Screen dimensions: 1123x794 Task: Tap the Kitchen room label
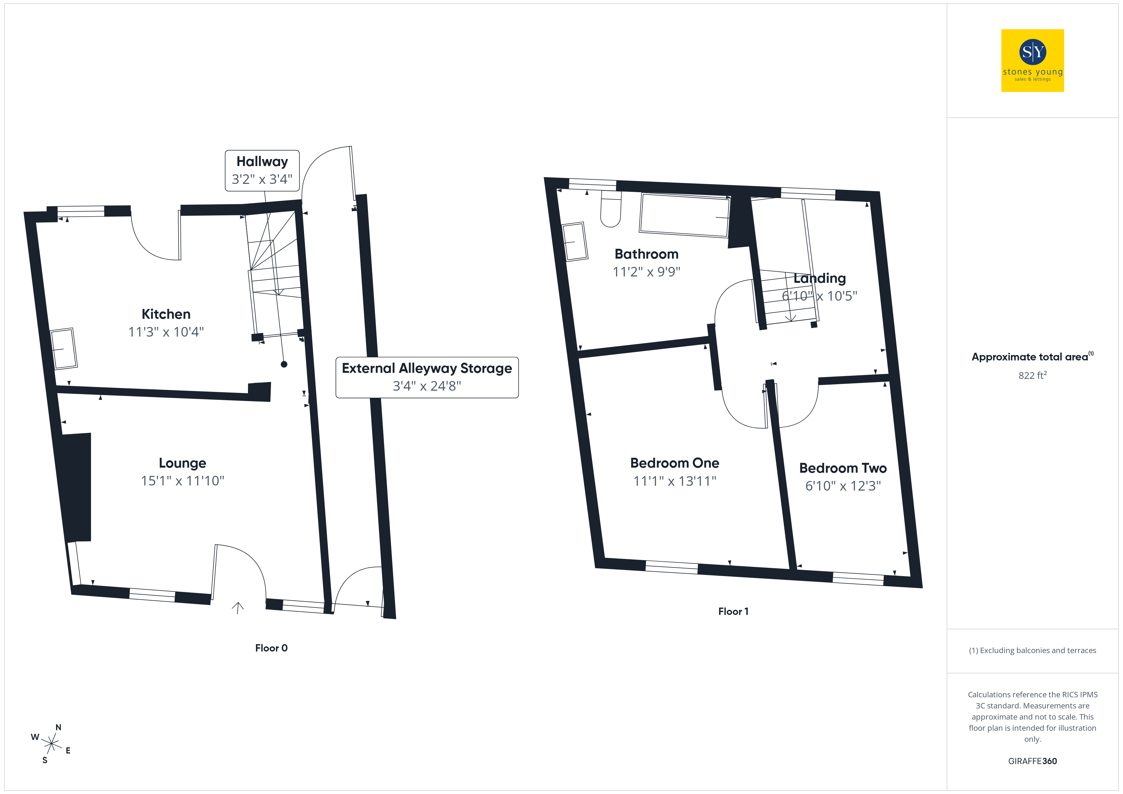(x=166, y=314)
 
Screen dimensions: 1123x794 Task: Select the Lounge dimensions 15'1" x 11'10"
(x=182, y=481)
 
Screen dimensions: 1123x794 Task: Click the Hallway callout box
(x=262, y=170)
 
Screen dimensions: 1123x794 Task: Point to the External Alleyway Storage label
(x=427, y=368)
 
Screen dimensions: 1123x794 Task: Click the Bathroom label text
(x=646, y=254)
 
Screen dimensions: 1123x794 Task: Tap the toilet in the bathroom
(x=611, y=209)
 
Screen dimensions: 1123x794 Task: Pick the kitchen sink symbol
(x=64, y=348)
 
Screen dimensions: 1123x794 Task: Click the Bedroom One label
(x=675, y=463)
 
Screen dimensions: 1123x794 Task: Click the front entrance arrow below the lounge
(x=238, y=608)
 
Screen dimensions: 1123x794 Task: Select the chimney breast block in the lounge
(x=76, y=487)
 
